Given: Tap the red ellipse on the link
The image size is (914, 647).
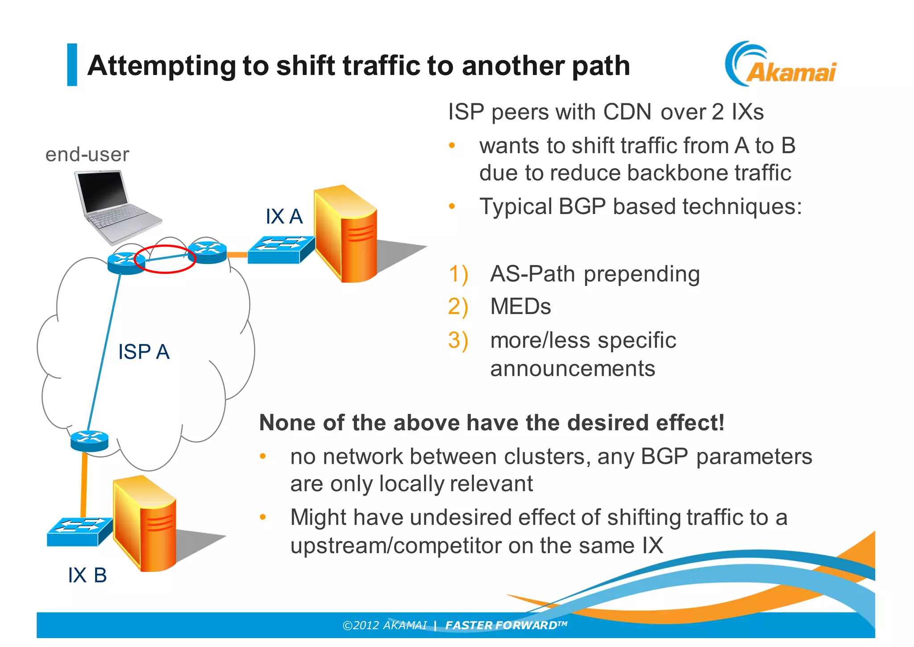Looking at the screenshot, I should [165, 259].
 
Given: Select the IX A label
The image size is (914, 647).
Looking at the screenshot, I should [284, 217].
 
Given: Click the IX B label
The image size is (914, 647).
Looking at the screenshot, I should [87, 576].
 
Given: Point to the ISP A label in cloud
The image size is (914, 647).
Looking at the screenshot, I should [144, 352].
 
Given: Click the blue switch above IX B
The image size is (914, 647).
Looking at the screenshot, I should [79, 531].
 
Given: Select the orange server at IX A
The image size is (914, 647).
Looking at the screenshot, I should [345, 235].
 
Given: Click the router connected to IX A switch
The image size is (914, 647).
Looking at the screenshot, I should [207, 252].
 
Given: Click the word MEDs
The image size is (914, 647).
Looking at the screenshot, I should [520, 307].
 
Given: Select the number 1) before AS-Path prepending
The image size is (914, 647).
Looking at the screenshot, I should [458, 274].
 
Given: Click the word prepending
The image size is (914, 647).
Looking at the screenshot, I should [641, 274].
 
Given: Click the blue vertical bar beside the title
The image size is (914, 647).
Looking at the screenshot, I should [72, 65].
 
